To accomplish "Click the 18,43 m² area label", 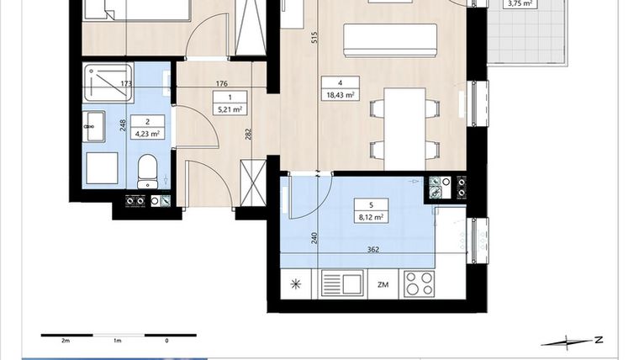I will (x=339, y=95).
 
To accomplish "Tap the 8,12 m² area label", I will (x=370, y=217).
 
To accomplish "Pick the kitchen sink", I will (x=341, y=283).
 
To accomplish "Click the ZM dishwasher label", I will (x=383, y=284).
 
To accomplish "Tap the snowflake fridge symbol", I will (x=295, y=284).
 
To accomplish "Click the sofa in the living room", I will (x=392, y=37).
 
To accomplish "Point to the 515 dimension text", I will (x=313, y=38).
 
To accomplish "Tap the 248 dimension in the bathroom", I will (x=124, y=125).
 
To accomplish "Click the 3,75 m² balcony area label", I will (x=516, y=3).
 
